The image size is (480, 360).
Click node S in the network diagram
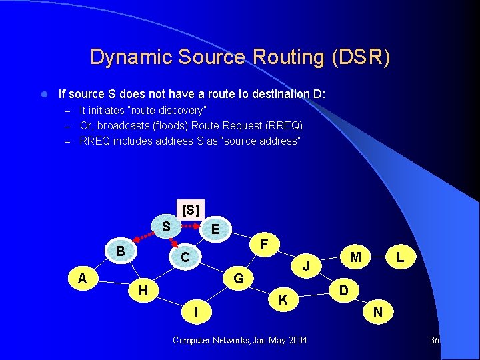click(x=166, y=227)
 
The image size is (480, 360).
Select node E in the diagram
click(x=215, y=229)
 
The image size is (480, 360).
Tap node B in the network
click(x=121, y=251)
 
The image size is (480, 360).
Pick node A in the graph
click(x=83, y=277)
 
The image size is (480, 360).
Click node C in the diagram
click(x=186, y=257)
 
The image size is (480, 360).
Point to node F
click(x=265, y=245)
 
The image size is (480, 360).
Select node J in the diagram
click(x=305, y=266)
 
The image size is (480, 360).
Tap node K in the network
click(x=283, y=301)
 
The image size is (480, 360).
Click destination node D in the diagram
click(x=343, y=290)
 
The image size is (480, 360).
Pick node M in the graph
click(x=356, y=257)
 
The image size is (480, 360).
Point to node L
click(x=400, y=257)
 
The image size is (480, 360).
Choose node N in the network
click(x=378, y=311)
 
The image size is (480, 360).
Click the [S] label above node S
click(x=190, y=209)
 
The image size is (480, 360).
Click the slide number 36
click(x=435, y=341)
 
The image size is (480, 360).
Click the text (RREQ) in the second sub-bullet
click(x=283, y=125)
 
